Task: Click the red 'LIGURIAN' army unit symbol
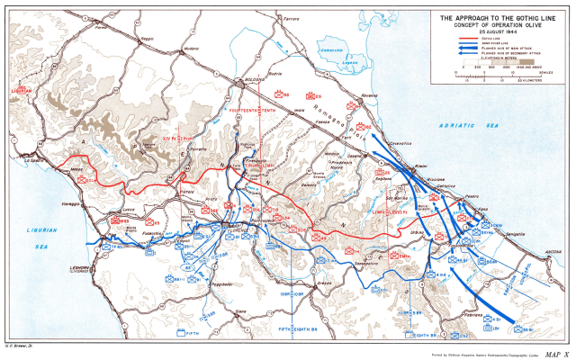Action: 22,90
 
